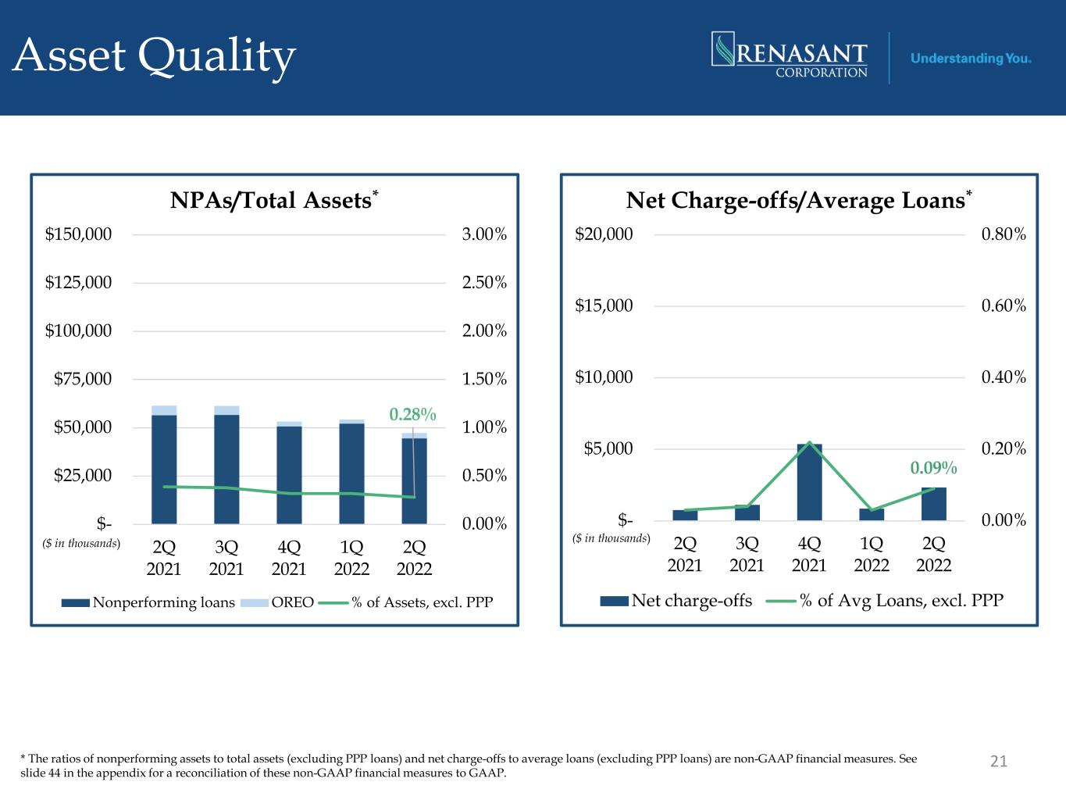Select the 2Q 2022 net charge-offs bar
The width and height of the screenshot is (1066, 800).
[x=934, y=504]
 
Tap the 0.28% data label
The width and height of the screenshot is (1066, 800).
[x=413, y=414]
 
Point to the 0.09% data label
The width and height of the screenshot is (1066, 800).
[x=933, y=468]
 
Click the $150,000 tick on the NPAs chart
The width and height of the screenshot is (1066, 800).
[x=78, y=234]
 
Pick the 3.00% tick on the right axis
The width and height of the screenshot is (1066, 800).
[x=484, y=234]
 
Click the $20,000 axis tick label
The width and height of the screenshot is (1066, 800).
[x=604, y=234]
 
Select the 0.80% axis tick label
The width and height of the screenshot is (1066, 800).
[x=1004, y=234]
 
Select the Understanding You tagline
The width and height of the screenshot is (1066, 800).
[x=971, y=59]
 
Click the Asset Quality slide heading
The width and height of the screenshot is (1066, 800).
[x=155, y=56]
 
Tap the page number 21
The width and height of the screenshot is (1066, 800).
[x=999, y=761]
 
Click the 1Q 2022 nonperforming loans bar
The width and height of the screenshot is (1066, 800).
[x=351, y=473]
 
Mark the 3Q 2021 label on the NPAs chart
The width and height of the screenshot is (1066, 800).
[x=226, y=557]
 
